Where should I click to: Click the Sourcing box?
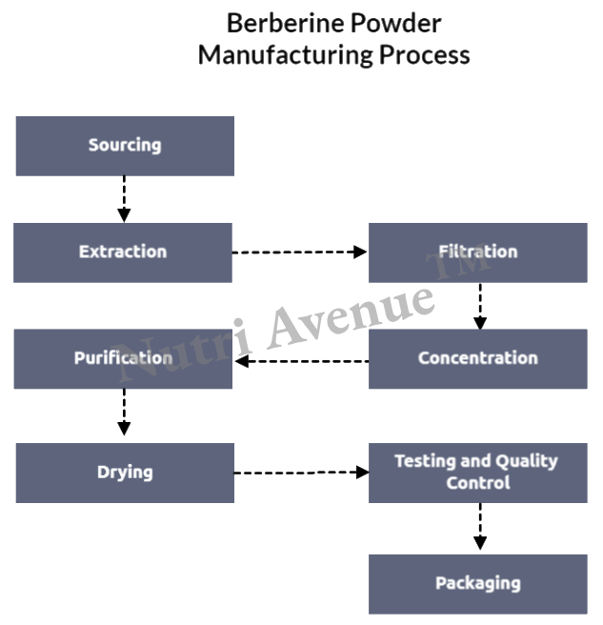[125, 146]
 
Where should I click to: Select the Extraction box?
[123, 252]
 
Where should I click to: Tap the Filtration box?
[478, 252]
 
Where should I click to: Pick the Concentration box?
[478, 359]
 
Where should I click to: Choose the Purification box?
[123, 359]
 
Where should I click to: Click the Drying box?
[125, 473]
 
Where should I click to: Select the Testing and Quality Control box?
[478, 473]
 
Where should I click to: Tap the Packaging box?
[478, 583]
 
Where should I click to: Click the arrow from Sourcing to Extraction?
[125, 199]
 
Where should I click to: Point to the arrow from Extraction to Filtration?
[300, 252]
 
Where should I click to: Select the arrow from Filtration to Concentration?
[480, 306]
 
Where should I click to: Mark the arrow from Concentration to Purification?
[301, 361]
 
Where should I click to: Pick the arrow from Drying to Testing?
[301, 472]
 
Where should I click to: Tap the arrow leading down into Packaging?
[480, 527]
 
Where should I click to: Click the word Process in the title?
[425, 54]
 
